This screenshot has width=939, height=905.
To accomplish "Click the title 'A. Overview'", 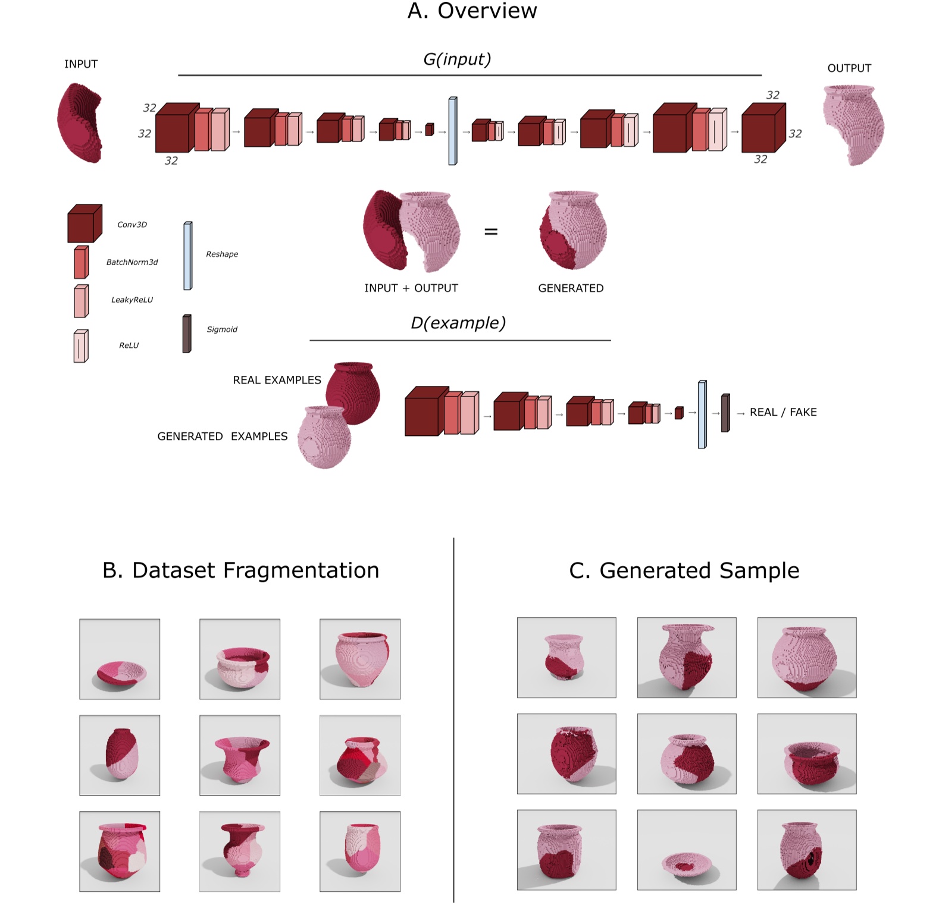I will pos(472,11).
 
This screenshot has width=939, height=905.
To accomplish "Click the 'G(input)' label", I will pos(457,59).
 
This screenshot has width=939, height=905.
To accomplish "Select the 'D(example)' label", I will pos(458,323).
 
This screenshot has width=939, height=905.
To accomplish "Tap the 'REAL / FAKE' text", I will pos(782,412).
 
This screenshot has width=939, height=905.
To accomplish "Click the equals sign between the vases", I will pos(491,232).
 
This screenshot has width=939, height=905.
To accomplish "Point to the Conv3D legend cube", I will pos(84,224).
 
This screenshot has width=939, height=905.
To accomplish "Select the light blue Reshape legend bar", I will pos(187,256).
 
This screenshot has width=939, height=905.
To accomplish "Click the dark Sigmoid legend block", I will pos(187,334).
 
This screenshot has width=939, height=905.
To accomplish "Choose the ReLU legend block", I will pos(81,346).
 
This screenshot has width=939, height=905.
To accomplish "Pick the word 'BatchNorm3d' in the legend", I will pos(132,262).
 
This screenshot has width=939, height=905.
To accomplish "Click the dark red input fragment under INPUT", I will pos(80,123).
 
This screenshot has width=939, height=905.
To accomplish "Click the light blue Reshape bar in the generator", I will pos(453,131).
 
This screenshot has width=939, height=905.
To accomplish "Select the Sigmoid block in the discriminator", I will pos(725,413).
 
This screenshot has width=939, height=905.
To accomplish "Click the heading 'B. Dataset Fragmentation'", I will pos(240,570).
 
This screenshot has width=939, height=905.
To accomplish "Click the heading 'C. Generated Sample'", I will pos(684,570).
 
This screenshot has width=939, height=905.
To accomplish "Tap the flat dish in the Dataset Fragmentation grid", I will pos(121,672).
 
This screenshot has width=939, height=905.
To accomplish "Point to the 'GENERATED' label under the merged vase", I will pos(571,288).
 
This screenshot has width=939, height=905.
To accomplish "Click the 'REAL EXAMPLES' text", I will pos(277,380).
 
